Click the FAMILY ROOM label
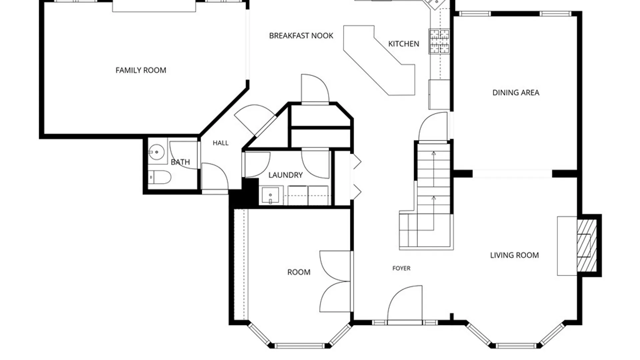pos(141,70)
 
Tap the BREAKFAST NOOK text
pos(301,36)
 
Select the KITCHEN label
pos(404,44)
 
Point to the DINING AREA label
pos(516,93)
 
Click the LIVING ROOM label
pos(514,255)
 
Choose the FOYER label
pos(401,268)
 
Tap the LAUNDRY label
pos(285,175)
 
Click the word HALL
pos(221,143)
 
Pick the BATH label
pos(180,162)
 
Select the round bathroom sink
pos(156,152)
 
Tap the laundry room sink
pos(270,195)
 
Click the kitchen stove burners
pos(439,41)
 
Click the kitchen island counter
pos(379,60)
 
